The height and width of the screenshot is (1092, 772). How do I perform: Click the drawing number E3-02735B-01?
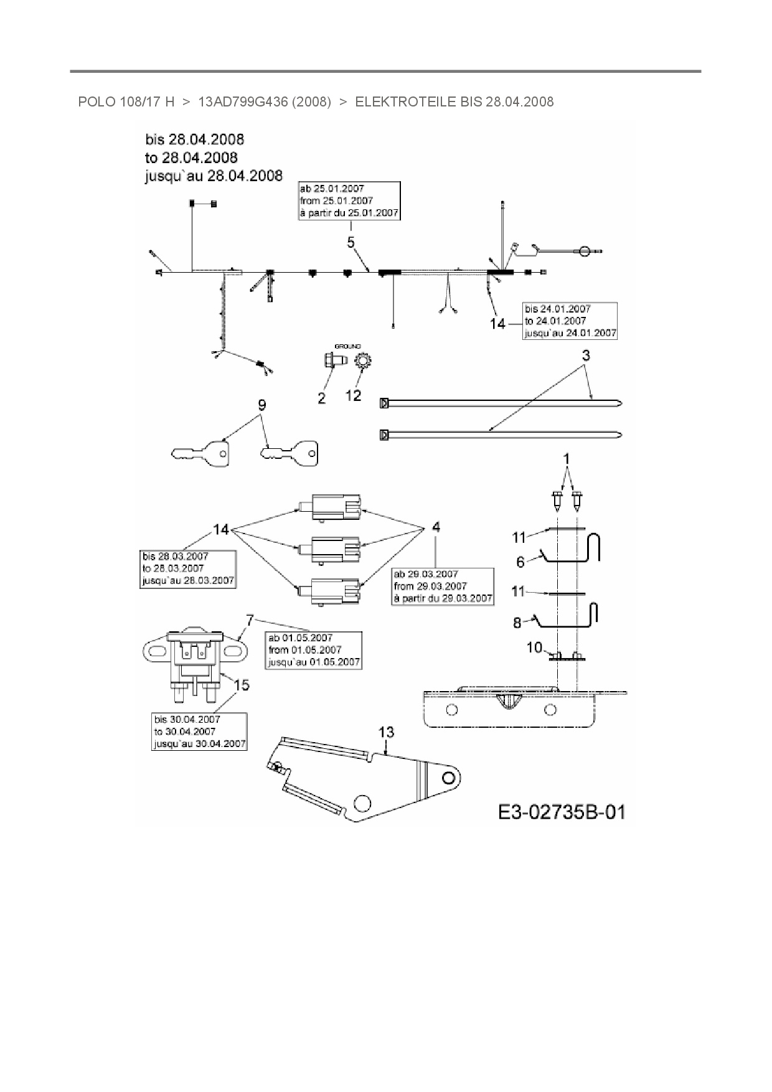pyautogui.click(x=562, y=811)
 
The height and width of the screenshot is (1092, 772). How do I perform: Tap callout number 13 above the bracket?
pyautogui.click(x=386, y=732)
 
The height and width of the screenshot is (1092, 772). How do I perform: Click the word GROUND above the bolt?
pyautogui.click(x=347, y=346)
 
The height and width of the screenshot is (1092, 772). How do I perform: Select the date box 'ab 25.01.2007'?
pyautogui.click(x=349, y=200)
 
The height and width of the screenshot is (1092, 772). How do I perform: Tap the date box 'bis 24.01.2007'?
pyautogui.click(x=570, y=321)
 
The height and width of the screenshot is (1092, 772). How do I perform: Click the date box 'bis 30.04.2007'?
pyautogui.click(x=199, y=732)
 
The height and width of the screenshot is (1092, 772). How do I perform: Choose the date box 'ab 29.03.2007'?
pyautogui.click(x=443, y=586)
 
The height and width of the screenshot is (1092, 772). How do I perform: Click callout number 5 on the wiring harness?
pyautogui.click(x=351, y=242)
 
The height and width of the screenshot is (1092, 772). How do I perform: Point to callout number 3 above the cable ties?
pyautogui.click(x=586, y=355)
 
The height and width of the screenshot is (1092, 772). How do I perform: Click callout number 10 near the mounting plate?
pyautogui.click(x=534, y=647)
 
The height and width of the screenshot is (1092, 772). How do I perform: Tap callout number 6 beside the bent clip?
pyautogui.click(x=520, y=562)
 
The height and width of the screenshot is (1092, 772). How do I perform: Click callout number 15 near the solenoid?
pyautogui.click(x=241, y=685)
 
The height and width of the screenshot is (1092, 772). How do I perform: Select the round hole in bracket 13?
pyautogui.click(x=448, y=778)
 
